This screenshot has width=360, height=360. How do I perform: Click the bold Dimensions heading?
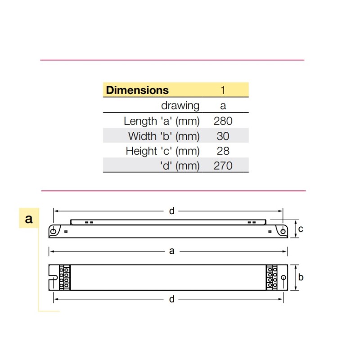point(137,90)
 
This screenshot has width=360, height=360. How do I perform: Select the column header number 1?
point(223,90)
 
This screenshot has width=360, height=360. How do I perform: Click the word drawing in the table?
point(180,106)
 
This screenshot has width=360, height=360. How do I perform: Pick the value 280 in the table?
point(223,121)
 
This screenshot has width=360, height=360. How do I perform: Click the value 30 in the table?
point(223,136)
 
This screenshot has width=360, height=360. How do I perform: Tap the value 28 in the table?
point(223,151)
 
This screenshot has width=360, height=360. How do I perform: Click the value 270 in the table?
point(223,166)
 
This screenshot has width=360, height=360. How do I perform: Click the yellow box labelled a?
point(29,219)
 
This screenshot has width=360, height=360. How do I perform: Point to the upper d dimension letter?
point(171,211)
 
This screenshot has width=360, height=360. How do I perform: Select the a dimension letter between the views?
point(171,251)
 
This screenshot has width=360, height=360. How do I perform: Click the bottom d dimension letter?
point(171,299)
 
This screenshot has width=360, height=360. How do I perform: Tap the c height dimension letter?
point(301,229)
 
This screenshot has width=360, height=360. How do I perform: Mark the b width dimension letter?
point(301,277)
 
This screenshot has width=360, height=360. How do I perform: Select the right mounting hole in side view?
point(283,231)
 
